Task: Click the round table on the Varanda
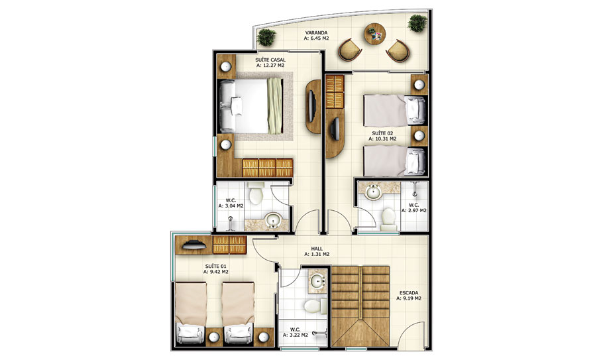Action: click(375, 34)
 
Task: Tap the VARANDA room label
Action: click(317, 32)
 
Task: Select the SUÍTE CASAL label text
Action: click(270, 60)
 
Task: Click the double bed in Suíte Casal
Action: click(251, 106)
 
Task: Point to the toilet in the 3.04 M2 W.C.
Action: click(256, 194)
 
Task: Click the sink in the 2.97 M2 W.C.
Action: click(372, 191)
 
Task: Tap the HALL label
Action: click(317, 249)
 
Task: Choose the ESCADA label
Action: click(409, 292)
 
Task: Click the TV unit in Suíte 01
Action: click(193, 245)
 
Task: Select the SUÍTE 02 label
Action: click(382, 133)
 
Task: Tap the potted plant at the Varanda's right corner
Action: click(417, 23)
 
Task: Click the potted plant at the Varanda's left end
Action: click(266, 37)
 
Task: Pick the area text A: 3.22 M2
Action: click(296, 335)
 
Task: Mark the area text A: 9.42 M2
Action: click(216, 272)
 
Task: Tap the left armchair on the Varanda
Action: click(350, 50)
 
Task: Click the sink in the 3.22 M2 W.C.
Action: click(317, 280)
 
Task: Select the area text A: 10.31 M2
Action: click(382, 139)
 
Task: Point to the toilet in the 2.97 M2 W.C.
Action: click(388, 219)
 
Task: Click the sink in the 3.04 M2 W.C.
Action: click(272, 220)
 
